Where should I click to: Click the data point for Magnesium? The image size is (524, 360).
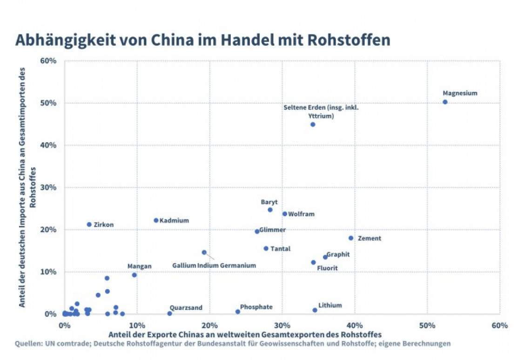(445, 102)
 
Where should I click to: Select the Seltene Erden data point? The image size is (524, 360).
(313, 124)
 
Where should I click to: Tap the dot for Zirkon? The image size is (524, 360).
(89, 224)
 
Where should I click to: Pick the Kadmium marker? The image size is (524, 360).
(156, 220)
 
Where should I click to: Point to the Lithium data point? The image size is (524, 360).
(315, 310)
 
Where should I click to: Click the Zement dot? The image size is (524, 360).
(351, 238)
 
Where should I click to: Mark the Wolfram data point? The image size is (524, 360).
(285, 214)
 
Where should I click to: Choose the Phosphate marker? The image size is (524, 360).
(238, 312)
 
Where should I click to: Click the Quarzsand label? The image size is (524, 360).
(186, 307)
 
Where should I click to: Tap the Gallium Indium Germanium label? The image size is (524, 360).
(214, 265)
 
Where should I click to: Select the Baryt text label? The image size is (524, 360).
(269, 202)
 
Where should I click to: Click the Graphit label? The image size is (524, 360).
(338, 254)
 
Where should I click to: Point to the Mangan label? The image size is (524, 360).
(139, 266)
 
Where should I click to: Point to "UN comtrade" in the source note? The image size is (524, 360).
(60, 344)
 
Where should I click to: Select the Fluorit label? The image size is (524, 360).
(327, 268)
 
